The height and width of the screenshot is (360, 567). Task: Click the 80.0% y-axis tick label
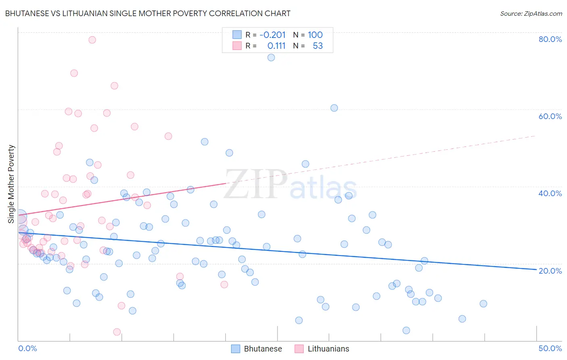click(x=550, y=39)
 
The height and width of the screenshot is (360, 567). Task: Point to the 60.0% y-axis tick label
click(x=550, y=116)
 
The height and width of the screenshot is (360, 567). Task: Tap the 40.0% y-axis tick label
click(x=550, y=193)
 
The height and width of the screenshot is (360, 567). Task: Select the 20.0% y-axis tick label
click(x=550, y=271)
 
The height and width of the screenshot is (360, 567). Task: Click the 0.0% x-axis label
click(x=27, y=348)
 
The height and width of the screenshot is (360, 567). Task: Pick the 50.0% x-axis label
click(x=550, y=348)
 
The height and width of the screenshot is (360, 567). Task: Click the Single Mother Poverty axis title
click(x=11, y=184)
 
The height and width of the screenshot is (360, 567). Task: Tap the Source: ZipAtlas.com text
click(x=531, y=13)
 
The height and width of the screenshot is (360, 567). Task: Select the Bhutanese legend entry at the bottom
click(x=257, y=349)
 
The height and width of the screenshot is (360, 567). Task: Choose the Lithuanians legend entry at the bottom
click(x=322, y=349)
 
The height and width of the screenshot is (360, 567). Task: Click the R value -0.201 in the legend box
click(x=272, y=35)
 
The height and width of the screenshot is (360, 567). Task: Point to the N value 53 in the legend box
click(x=318, y=46)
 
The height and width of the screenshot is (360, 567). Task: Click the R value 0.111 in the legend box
click(x=276, y=46)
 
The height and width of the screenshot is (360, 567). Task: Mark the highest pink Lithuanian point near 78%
click(x=92, y=40)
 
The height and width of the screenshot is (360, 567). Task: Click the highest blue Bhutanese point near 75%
click(x=271, y=57)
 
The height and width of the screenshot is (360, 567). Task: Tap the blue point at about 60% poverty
click(x=334, y=108)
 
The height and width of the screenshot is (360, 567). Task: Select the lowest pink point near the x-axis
click(x=117, y=332)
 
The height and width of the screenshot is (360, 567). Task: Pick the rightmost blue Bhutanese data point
click(x=483, y=303)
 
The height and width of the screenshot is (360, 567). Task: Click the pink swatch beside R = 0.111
click(x=237, y=46)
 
